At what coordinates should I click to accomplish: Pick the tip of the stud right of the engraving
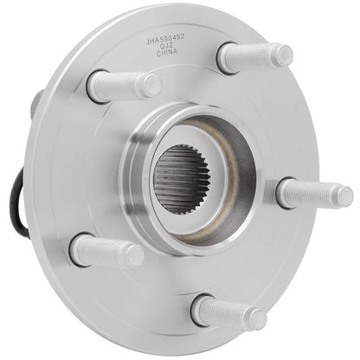click(284, 56)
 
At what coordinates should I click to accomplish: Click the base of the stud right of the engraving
click(226, 60)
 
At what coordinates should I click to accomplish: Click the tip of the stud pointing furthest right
click(344, 196)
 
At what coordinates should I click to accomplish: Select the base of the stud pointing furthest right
click(286, 191)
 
